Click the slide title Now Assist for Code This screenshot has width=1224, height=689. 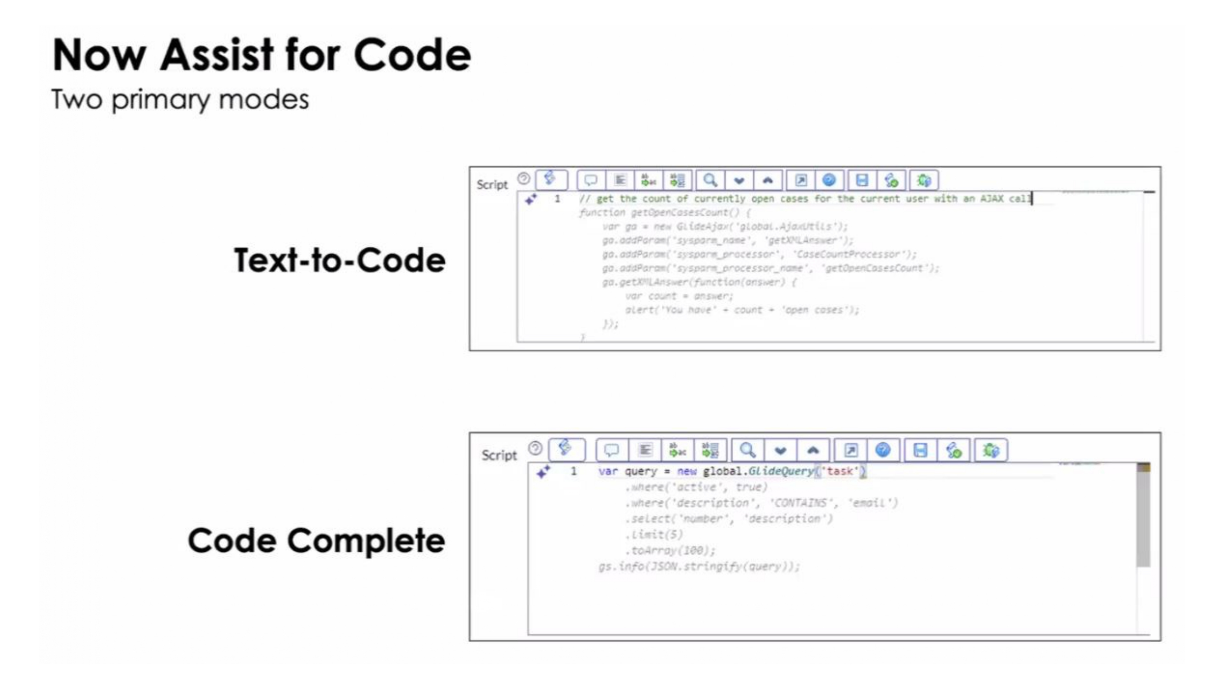[262, 55]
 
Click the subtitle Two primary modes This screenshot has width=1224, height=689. [180, 99]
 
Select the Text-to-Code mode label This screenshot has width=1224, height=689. [340, 260]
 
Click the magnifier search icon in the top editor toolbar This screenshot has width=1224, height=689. [710, 180]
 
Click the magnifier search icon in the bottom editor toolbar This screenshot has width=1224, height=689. [748, 450]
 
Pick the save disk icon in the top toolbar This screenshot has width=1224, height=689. [862, 180]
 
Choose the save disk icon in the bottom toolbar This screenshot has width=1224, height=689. [920, 450]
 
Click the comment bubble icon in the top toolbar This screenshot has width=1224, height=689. [591, 180]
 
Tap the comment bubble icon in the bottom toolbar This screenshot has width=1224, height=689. [611, 450]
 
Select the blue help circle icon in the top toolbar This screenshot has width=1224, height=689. [829, 180]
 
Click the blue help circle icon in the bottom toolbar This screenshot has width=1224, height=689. [883, 450]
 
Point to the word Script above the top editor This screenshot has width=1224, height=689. [492, 185]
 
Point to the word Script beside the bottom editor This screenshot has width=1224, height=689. [499, 455]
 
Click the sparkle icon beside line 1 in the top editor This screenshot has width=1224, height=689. [531, 199]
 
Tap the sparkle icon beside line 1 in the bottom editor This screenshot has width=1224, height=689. [543, 472]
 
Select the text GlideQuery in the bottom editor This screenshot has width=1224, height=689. [781, 471]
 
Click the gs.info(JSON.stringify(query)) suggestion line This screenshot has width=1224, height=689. [699, 566]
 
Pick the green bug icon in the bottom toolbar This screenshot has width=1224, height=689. [991, 450]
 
